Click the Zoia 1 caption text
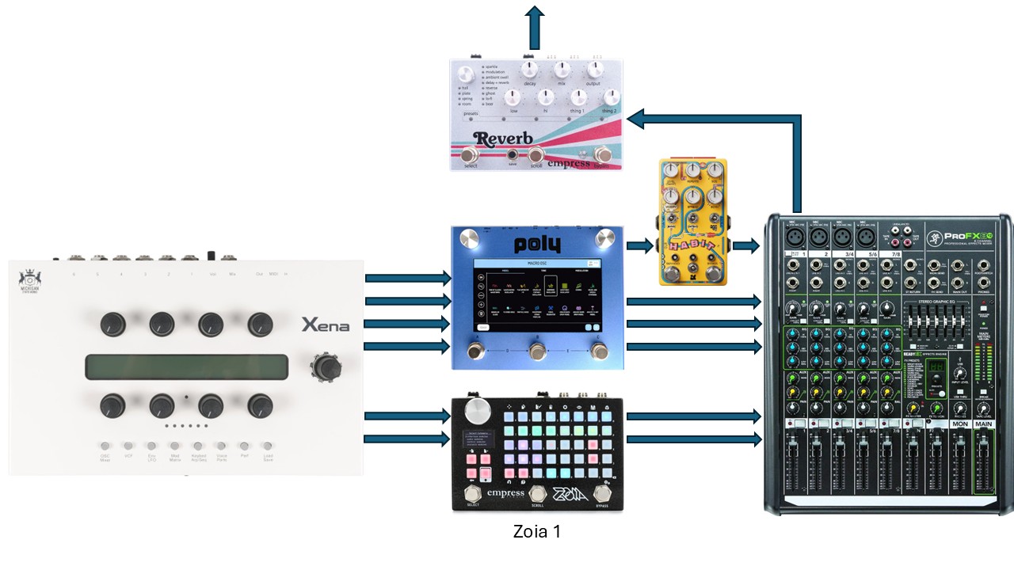point(536,532)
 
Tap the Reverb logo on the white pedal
point(503,139)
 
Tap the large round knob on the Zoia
point(478,411)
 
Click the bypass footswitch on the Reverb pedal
point(603,154)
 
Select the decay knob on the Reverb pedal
point(529,69)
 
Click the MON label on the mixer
point(960,424)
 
